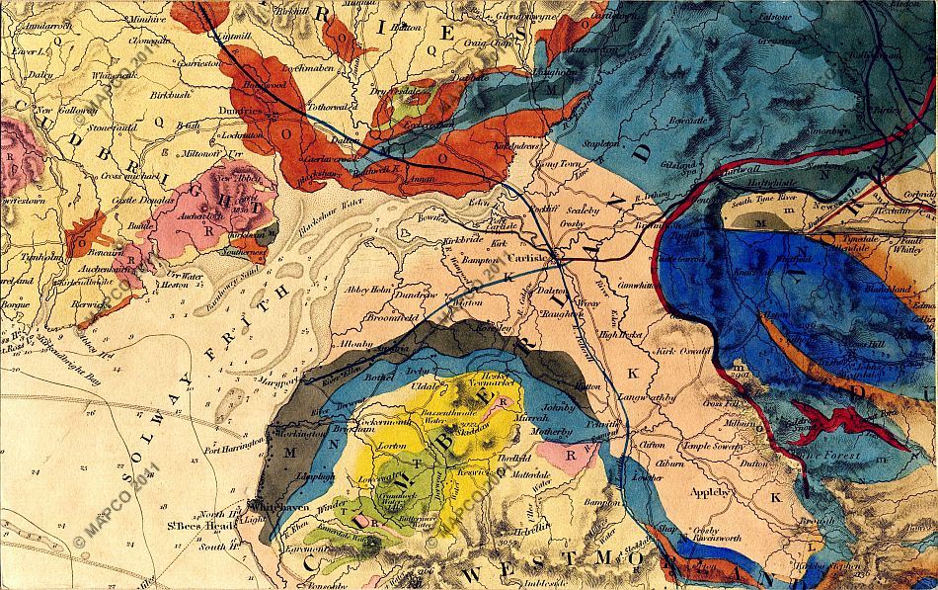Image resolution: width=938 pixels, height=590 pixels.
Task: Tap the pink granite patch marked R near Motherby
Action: click(561, 454)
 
